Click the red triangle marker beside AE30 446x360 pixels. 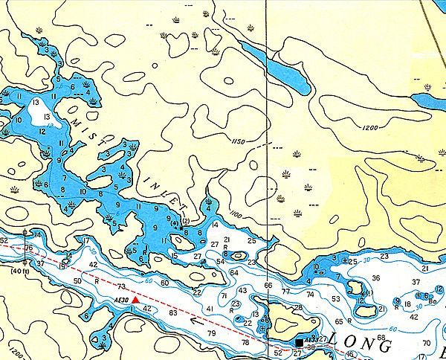pyautogui.click(x=135, y=299)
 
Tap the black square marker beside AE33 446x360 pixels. pyautogui.click(x=299, y=342)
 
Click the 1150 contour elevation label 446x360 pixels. pyautogui.click(x=238, y=141)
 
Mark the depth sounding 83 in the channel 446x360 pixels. pyautogui.click(x=173, y=313)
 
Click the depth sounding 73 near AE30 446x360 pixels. pyautogui.click(x=121, y=286)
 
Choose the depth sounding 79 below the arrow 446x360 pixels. pyautogui.click(x=211, y=332)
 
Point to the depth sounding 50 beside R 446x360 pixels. pyautogui.click(x=78, y=280)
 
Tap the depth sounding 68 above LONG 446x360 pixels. pyautogui.click(x=381, y=338)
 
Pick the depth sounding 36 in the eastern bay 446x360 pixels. pyautogui.click(x=375, y=278)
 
